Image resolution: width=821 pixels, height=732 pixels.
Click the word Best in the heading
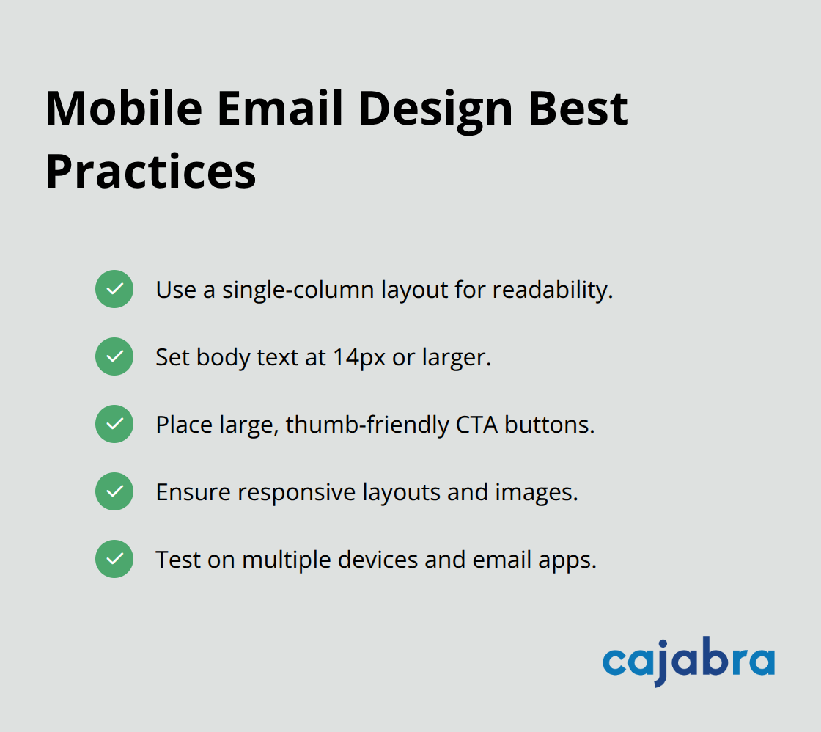(589, 108)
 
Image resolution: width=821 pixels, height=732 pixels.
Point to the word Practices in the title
(151, 172)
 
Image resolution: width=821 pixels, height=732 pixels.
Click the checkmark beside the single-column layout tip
(114, 289)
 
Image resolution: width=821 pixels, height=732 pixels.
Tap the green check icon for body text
(114, 356)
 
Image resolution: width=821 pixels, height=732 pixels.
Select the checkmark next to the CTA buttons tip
(114, 424)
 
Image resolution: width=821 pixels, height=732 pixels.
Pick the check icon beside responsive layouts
(114, 491)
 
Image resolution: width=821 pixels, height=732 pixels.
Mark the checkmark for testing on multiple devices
(114, 559)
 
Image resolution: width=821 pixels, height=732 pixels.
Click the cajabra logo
(688, 662)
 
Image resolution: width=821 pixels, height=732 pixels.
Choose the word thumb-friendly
(367, 425)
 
